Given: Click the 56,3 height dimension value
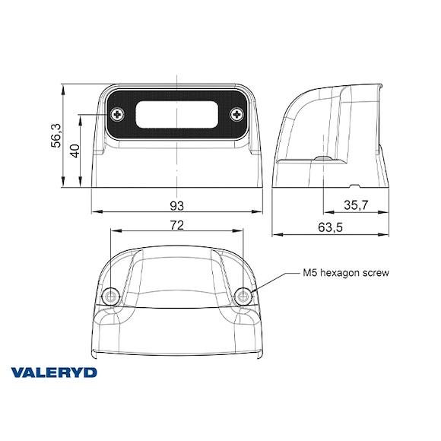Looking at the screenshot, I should (x=56, y=135).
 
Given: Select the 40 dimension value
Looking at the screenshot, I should (x=75, y=150).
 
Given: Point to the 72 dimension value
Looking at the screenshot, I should (x=177, y=225).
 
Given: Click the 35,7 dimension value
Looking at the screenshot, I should (x=356, y=205).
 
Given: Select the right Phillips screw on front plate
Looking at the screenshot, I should (x=236, y=116).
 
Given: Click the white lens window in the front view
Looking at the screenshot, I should (x=177, y=116).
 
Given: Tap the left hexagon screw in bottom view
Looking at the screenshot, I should (x=111, y=295).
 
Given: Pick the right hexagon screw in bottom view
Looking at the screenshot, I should (x=243, y=295).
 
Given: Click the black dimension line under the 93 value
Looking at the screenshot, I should (x=177, y=214).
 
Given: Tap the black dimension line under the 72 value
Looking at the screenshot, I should (x=177, y=233).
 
